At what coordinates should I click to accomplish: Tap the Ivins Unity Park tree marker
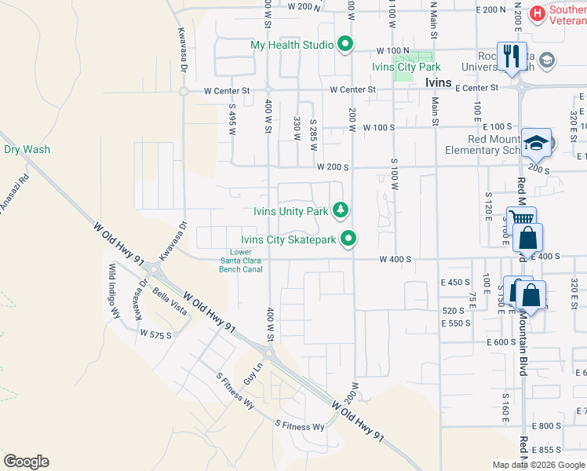point(341,210)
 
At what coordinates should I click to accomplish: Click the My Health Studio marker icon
point(344,45)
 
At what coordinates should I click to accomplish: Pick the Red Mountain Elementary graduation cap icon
point(537,142)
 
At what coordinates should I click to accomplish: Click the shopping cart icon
point(520,218)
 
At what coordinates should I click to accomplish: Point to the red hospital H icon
point(538,12)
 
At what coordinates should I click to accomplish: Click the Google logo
point(25,462)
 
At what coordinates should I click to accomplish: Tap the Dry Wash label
point(27,149)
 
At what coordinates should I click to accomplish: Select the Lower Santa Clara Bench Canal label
point(240,261)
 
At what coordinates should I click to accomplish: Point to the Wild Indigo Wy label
point(115,290)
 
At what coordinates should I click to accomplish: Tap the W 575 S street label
point(155,334)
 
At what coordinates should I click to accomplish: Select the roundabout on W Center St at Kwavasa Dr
point(183,91)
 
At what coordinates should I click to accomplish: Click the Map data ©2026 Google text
point(538,465)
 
